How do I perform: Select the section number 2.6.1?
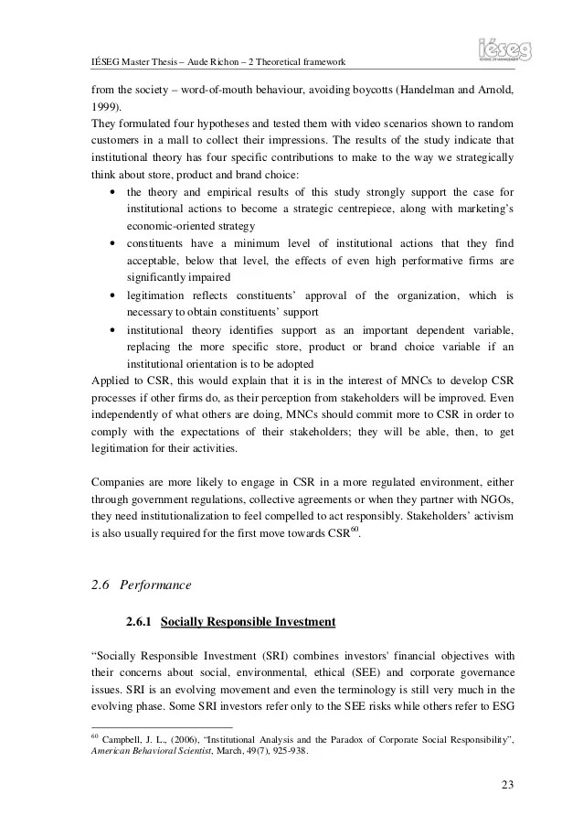click(x=139, y=623)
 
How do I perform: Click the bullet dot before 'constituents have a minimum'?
click(x=111, y=243)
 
